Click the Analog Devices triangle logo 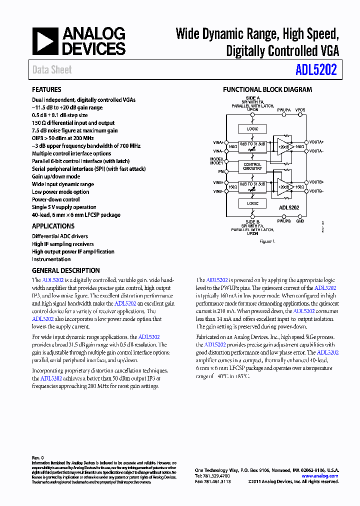click(45, 41)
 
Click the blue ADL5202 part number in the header click(315, 69)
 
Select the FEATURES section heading click(46, 90)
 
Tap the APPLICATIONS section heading click(53, 226)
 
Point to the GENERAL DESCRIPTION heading click(65, 270)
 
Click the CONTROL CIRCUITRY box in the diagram click(252, 166)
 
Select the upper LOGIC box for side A click(252, 129)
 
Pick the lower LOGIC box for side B click(252, 203)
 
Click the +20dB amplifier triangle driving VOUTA click(283, 146)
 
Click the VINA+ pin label click(217, 142)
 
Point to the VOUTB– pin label click(316, 191)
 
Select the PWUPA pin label click(284, 109)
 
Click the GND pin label click(300, 220)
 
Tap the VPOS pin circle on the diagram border click(300, 114)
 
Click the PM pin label click(220, 171)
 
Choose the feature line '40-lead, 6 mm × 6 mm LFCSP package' click(76, 215)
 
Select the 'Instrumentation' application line click(51, 259)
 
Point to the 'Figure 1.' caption click(267, 241)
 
